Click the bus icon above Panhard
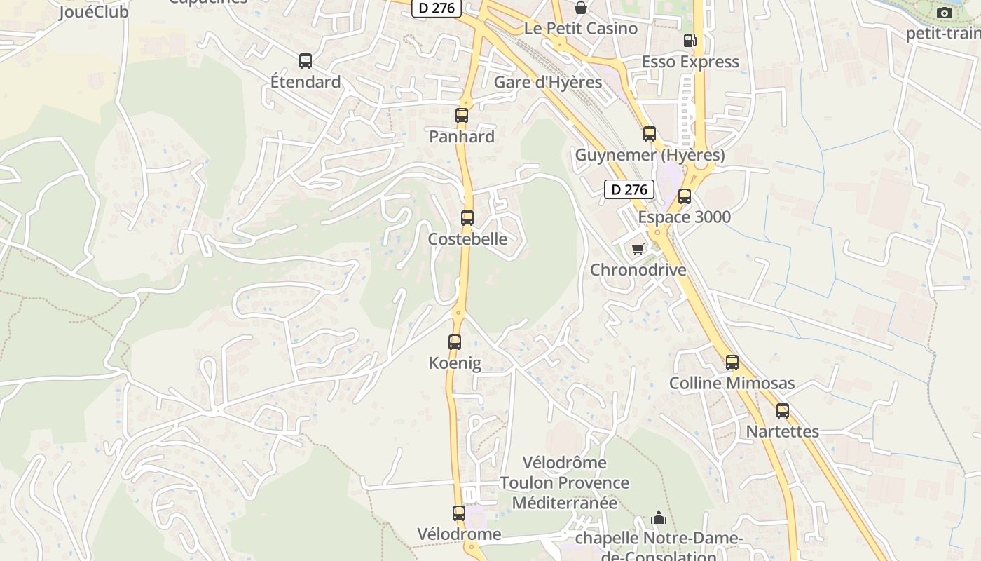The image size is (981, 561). [462, 116]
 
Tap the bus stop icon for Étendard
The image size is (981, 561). [306, 61]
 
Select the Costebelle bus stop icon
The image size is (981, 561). [467, 218]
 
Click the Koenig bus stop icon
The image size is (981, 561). [455, 342]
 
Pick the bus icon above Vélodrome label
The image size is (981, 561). [459, 513]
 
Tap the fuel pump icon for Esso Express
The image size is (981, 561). [690, 41]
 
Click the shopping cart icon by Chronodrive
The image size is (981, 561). [638, 249]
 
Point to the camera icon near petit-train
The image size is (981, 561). [945, 13]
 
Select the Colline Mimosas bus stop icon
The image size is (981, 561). [732, 363]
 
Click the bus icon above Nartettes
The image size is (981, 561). [783, 411]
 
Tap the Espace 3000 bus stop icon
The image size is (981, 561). [685, 196]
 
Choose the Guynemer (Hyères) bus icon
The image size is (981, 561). [650, 134]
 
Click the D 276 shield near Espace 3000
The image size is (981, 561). [629, 189]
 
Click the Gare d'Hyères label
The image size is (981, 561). [548, 82]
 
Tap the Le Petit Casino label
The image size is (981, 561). [581, 29]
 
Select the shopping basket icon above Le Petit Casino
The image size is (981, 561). [581, 8]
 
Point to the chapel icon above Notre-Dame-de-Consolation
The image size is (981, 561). [659, 518]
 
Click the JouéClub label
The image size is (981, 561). [94, 12]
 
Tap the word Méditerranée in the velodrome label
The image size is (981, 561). [565, 503]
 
